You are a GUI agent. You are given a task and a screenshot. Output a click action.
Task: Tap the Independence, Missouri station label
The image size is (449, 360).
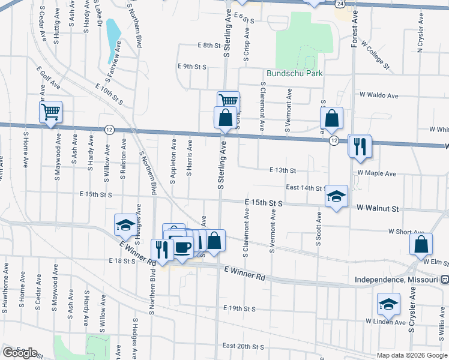click(x=397, y=280)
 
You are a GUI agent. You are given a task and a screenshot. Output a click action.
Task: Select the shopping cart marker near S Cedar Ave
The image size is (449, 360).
click(x=51, y=112)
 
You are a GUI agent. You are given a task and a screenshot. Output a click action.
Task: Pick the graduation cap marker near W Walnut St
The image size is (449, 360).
click(x=337, y=196)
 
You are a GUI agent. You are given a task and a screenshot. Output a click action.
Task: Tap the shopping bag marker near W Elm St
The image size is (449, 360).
click(x=421, y=244)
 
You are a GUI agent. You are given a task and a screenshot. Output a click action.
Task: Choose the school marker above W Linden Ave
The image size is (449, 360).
click(x=388, y=304)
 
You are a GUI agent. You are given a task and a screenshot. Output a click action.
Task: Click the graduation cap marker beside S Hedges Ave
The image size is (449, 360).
click(x=125, y=224)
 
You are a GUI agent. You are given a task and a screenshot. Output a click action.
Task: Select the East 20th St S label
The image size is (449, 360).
click(x=243, y=346)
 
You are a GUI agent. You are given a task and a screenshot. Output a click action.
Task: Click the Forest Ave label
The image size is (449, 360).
click(x=355, y=25)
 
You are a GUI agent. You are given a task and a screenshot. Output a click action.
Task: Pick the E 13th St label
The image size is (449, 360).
click(x=283, y=170)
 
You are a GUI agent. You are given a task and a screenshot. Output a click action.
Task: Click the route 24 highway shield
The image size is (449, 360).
click(x=340, y=4)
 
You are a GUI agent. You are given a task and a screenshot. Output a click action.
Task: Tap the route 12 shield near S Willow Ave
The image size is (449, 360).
click(x=109, y=129)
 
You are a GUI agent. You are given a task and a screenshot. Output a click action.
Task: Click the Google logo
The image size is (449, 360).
click(x=19, y=353)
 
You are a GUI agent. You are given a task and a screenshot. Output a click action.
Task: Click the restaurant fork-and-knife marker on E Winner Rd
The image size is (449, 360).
click(x=161, y=249)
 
